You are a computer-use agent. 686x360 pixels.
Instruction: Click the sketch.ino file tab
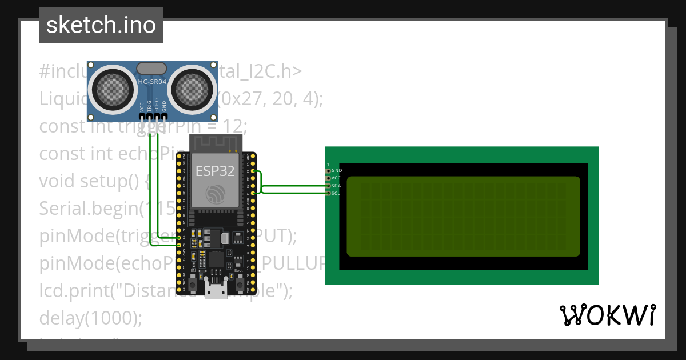point(101,25)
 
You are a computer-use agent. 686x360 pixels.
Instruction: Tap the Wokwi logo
point(607,315)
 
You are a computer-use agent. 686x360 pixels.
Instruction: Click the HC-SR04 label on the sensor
point(151,82)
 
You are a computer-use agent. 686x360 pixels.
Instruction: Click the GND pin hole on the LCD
point(328,170)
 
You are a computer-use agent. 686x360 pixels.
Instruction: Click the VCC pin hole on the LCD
point(328,178)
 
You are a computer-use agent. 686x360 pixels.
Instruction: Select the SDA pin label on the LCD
point(337,186)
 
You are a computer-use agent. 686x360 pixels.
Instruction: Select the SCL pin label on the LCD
point(336,193)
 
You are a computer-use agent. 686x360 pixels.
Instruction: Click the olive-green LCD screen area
point(463,216)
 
